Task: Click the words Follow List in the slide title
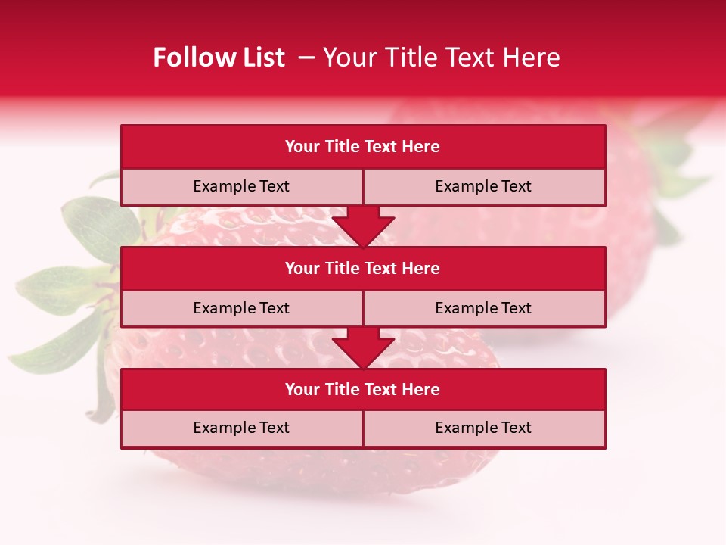click(219, 58)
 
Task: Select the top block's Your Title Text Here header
click(363, 147)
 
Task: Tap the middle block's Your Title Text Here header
click(363, 269)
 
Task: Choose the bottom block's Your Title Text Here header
click(363, 390)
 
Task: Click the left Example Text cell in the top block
click(241, 187)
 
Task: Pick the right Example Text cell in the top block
click(484, 187)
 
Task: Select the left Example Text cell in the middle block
click(241, 309)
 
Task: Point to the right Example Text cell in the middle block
click(484, 309)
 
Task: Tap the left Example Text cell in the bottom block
click(241, 428)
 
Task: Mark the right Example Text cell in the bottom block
click(484, 428)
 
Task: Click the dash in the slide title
click(306, 58)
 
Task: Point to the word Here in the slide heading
click(532, 58)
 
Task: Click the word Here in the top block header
click(421, 147)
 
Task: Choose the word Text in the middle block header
click(381, 269)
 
